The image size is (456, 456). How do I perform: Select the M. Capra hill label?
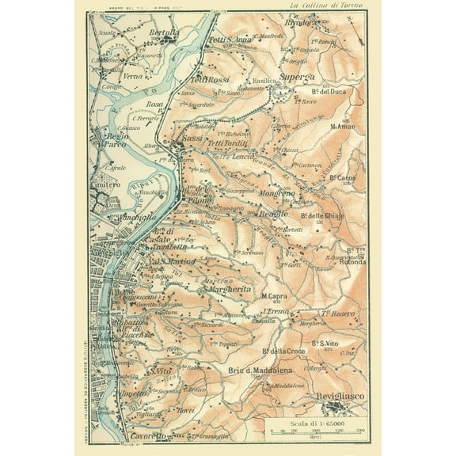273,296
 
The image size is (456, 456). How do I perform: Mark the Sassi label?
192,139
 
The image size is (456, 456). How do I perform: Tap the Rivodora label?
327,23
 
